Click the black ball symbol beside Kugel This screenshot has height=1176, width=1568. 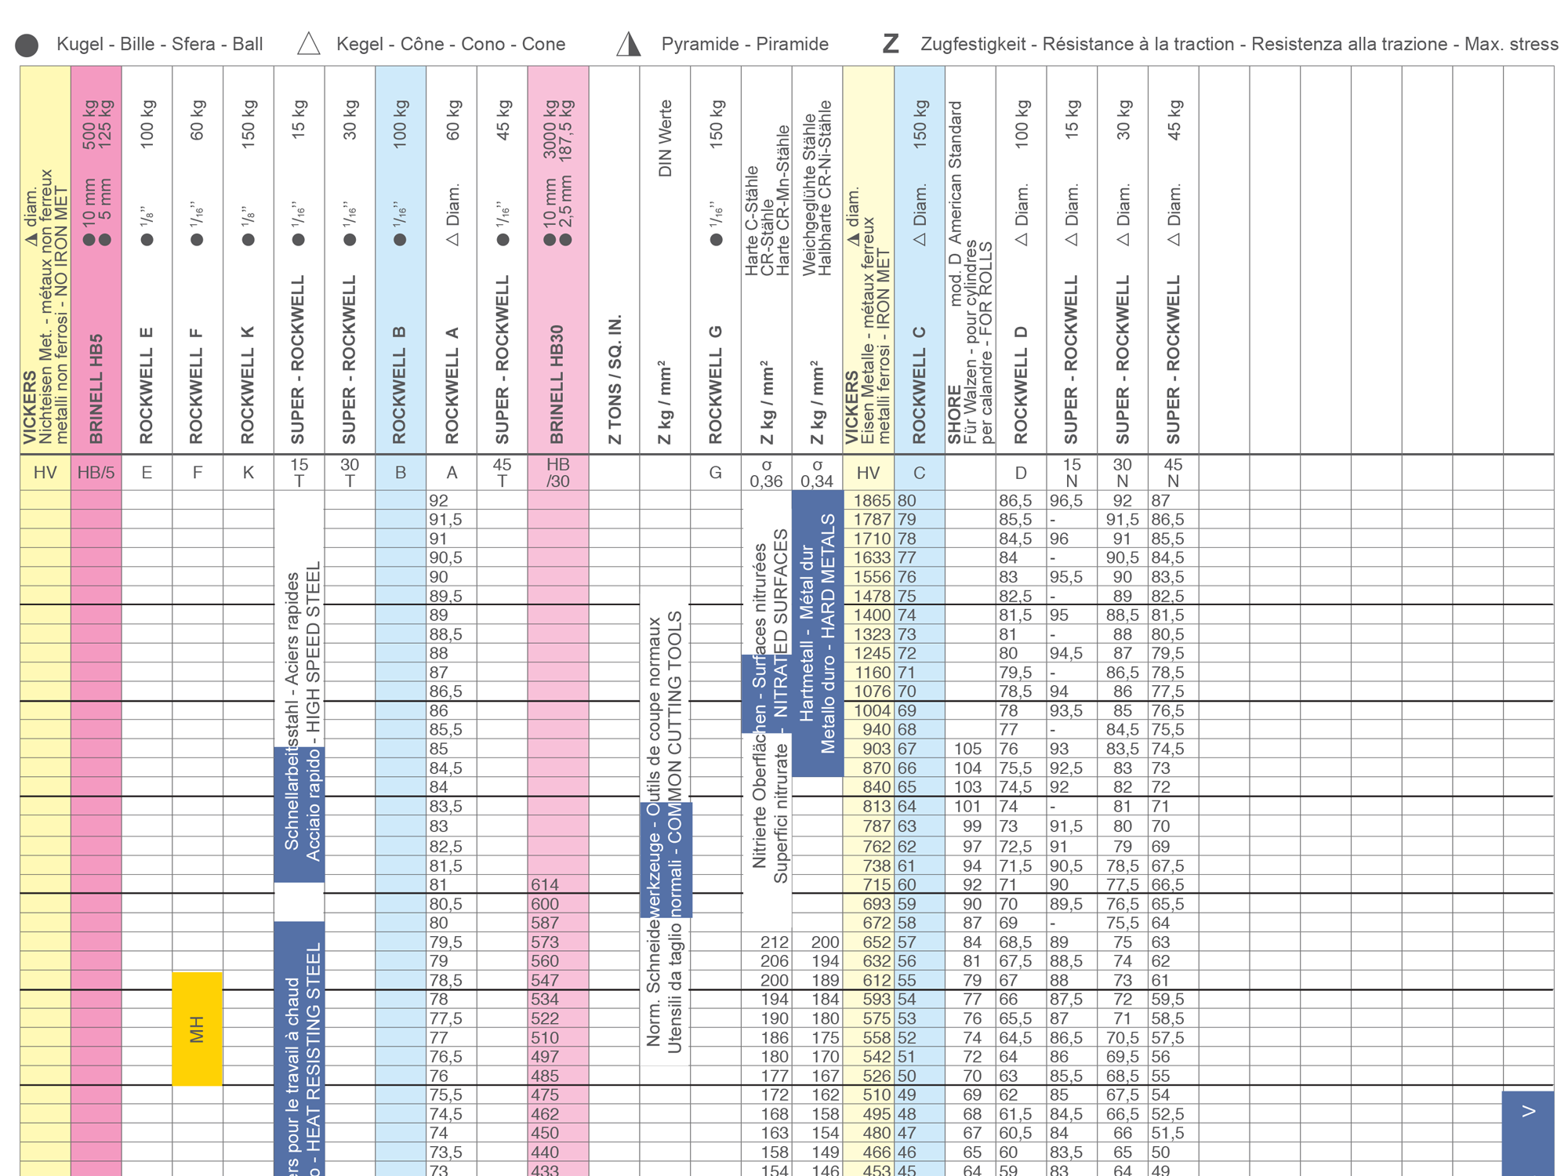pyautogui.click(x=27, y=45)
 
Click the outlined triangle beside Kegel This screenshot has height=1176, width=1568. pyautogui.click(x=309, y=44)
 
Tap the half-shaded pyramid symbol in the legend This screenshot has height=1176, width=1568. pyautogui.click(x=628, y=44)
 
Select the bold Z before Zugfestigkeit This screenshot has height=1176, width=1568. pyautogui.click(x=890, y=44)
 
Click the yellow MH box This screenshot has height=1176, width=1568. pyautogui.click(x=197, y=1029)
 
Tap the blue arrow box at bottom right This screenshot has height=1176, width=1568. pyautogui.click(x=1527, y=1129)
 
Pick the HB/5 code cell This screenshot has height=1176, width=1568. pyautogui.click(x=96, y=473)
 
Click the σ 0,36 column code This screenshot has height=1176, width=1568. pyautogui.click(x=766, y=473)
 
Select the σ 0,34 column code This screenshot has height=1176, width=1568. pyautogui.click(x=817, y=473)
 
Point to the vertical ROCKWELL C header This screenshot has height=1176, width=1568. pyautogui.click(x=919, y=384)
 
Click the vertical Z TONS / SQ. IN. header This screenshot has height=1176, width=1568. pyautogui.click(x=615, y=380)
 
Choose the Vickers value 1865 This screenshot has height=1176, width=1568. pyautogui.click(x=872, y=500)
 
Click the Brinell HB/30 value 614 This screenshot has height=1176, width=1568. pyautogui.click(x=545, y=884)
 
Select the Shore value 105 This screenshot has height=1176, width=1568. pyautogui.click(x=967, y=749)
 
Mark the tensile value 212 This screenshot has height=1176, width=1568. pyautogui.click(x=775, y=942)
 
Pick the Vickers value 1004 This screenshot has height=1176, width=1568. pyautogui.click(x=872, y=710)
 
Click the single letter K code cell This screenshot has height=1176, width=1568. pyautogui.click(x=248, y=473)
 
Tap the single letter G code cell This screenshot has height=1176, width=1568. pyautogui.click(x=715, y=473)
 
